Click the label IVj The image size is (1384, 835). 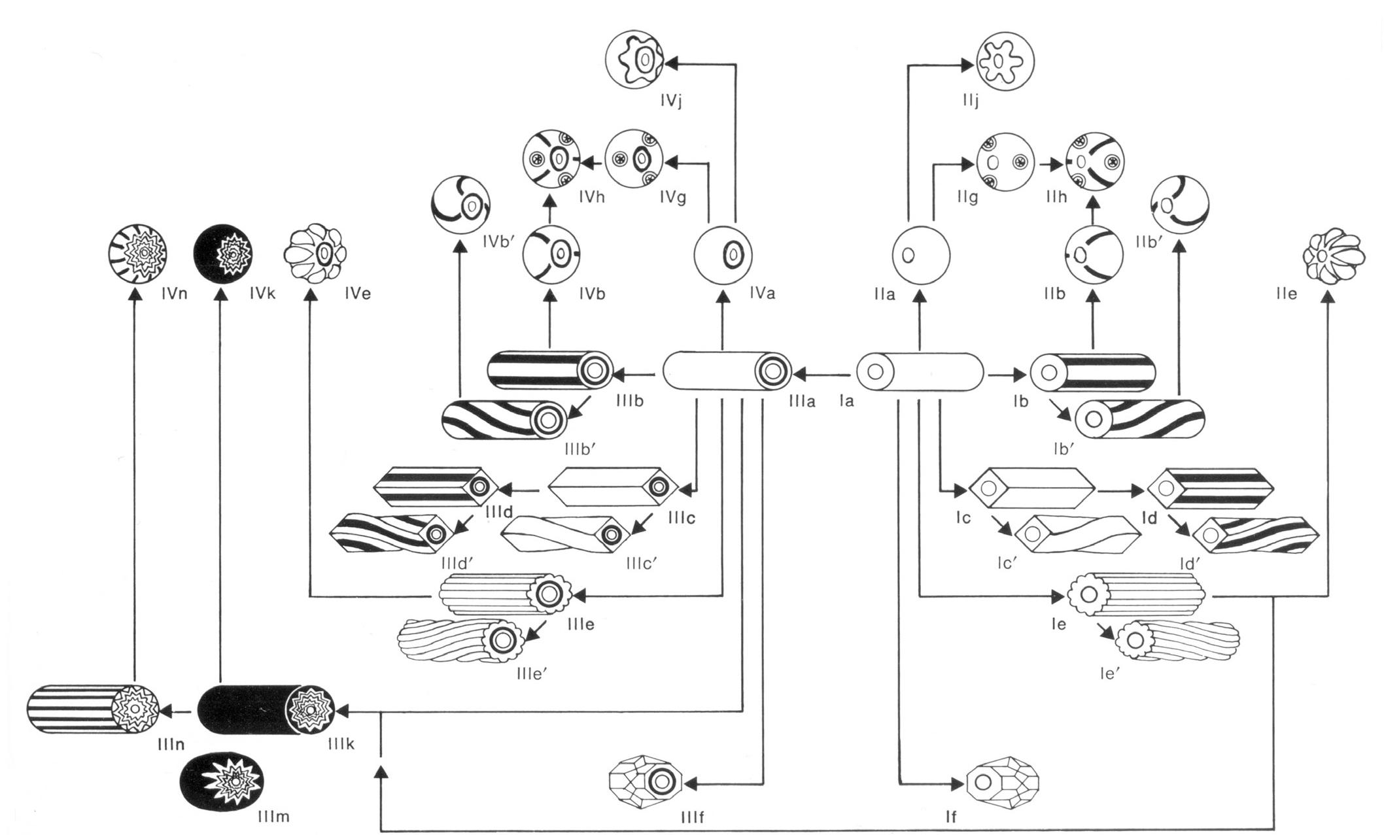tap(672, 102)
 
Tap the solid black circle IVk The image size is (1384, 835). tap(223, 253)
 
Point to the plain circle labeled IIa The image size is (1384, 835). tap(921, 254)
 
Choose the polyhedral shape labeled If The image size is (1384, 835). tap(1003, 781)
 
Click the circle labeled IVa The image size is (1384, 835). tap(722, 254)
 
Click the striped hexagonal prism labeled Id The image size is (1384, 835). tap(1210, 488)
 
